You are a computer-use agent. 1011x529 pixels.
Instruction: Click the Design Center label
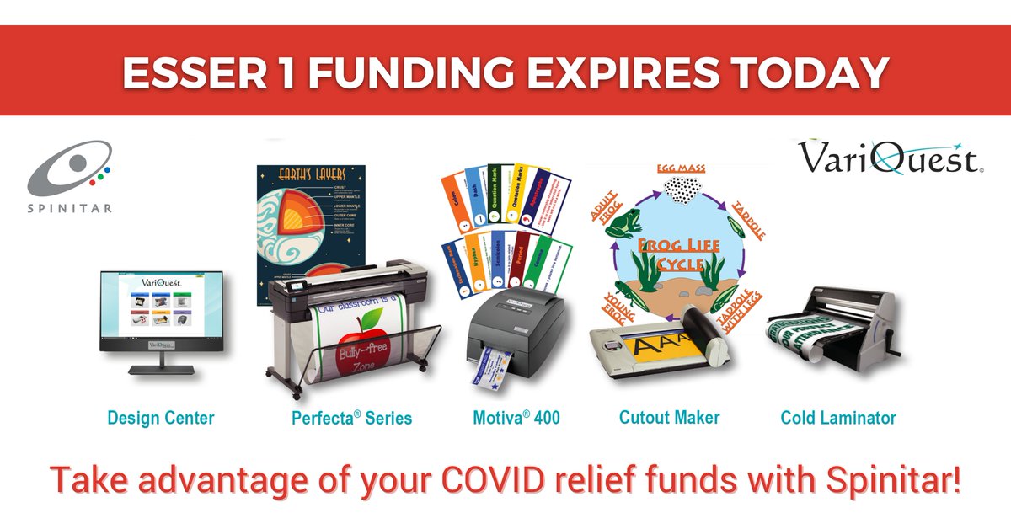click(x=160, y=417)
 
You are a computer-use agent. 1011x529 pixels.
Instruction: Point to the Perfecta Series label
click(x=351, y=417)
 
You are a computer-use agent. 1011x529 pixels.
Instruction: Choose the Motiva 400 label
click(x=516, y=417)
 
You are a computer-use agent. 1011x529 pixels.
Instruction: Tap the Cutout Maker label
click(x=669, y=417)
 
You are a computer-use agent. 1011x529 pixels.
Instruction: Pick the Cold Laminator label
click(x=838, y=417)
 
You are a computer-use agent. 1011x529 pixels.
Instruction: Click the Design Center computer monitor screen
click(x=161, y=311)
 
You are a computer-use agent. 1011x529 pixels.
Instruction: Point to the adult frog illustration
click(x=623, y=223)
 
